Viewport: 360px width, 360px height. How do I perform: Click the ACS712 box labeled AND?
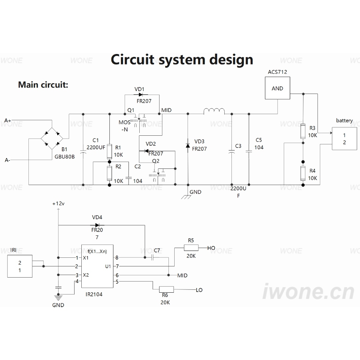coord(277,88)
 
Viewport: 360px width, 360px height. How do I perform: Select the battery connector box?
coord(345,139)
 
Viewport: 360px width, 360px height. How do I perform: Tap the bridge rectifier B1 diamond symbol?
coord(52,139)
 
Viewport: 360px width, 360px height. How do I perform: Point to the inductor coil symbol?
coord(214,111)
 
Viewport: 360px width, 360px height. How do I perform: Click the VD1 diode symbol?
coord(141,95)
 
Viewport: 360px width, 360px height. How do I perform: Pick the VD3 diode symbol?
coord(188,145)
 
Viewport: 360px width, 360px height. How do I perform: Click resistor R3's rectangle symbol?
coord(303,131)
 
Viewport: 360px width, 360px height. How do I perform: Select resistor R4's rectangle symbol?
coord(303,174)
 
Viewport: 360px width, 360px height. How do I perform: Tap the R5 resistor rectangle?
coord(191,248)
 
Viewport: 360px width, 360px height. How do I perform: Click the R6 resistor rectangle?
coord(166,289)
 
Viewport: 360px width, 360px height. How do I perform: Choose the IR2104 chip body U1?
coord(97,266)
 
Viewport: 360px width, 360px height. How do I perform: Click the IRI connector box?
coord(20,266)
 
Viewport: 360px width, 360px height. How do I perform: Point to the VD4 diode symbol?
coord(97,225)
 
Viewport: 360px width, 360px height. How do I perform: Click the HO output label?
coord(211,248)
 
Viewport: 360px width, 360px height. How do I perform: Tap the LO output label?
coord(199,290)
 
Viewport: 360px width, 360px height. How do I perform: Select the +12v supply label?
coord(58,204)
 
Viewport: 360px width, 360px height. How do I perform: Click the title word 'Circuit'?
coord(132,59)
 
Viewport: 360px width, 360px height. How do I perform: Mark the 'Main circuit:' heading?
coord(43,85)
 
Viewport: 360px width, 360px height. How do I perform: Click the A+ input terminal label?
coord(8,121)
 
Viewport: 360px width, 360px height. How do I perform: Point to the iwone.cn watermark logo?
coord(309,291)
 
